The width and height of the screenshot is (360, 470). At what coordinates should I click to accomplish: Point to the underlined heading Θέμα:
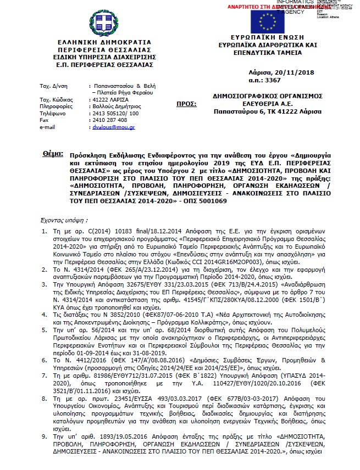tap(53, 155)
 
